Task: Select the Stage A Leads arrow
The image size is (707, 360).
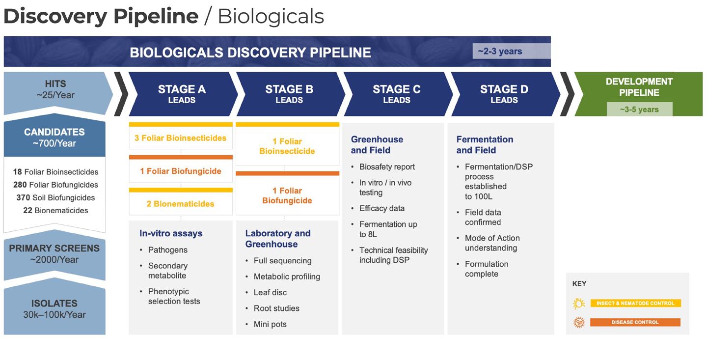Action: tap(182, 94)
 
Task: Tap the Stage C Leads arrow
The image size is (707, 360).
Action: tap(396, 94)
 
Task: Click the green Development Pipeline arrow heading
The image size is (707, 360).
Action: tap(639, 87)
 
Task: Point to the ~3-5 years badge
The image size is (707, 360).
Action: tap(639, 109)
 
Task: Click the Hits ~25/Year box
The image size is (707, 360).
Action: tap(55, 89)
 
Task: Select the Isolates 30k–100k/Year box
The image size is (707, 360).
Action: tap(54, 309)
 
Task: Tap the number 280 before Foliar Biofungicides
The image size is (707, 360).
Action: tap(20, 185)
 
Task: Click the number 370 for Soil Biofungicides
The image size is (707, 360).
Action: tap(23, 197)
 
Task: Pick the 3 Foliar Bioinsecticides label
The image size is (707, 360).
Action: tap(181, 138)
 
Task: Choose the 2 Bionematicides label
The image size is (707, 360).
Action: tap(181, 203)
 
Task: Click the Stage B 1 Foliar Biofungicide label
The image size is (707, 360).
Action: tap(287, 195)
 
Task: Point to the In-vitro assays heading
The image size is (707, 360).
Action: tap(171, 233)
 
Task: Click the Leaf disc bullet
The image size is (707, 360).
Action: tap(270, 292)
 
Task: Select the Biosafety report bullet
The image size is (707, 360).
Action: tap(387, 166)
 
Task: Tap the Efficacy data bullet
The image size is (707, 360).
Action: tap(381, 208)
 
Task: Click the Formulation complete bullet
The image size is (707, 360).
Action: tap(486, 269)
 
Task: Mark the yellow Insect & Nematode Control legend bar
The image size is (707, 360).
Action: tap(635, 303)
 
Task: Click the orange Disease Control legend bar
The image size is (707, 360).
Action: tap(635, 322)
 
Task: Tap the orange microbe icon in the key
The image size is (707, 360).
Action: tap(579, 322)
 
